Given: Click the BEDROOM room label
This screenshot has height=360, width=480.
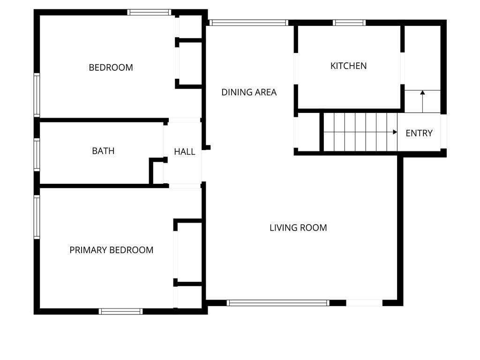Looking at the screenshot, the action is [111, 67].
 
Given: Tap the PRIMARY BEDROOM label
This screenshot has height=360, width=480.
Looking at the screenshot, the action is [112, 250].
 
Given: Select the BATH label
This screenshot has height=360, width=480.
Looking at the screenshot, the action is [103, 151].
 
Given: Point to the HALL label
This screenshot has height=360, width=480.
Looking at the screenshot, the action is [185, 151].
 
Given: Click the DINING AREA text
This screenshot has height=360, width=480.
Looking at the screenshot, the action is [249, 92].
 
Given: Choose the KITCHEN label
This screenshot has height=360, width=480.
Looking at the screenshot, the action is [348, 66].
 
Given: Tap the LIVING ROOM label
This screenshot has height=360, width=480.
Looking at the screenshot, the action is [298, 228].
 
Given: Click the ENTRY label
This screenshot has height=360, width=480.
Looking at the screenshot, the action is [419, 133].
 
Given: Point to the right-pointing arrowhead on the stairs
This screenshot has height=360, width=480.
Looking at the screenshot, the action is [395, 132].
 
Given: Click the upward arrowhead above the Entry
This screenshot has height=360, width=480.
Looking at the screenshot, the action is [422, 92].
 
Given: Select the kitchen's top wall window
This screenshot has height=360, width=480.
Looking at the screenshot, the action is [349, 22].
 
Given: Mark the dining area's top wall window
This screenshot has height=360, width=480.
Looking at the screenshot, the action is [248, 22].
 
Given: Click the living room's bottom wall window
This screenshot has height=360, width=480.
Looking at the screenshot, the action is [278, 303].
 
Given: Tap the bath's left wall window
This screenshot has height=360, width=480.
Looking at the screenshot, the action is [37, 155].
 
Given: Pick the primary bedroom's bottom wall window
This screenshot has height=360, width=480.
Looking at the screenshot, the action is [120, 312].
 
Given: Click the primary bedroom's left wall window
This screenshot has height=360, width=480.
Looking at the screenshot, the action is [37, 217].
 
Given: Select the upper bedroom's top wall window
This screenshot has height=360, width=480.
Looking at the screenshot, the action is [149, 12].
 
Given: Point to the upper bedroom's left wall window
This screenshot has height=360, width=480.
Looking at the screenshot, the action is [37, 95].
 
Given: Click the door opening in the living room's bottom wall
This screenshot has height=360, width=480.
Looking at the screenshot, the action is [364, 303].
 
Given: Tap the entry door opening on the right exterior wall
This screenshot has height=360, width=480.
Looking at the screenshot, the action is [443, 131].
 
